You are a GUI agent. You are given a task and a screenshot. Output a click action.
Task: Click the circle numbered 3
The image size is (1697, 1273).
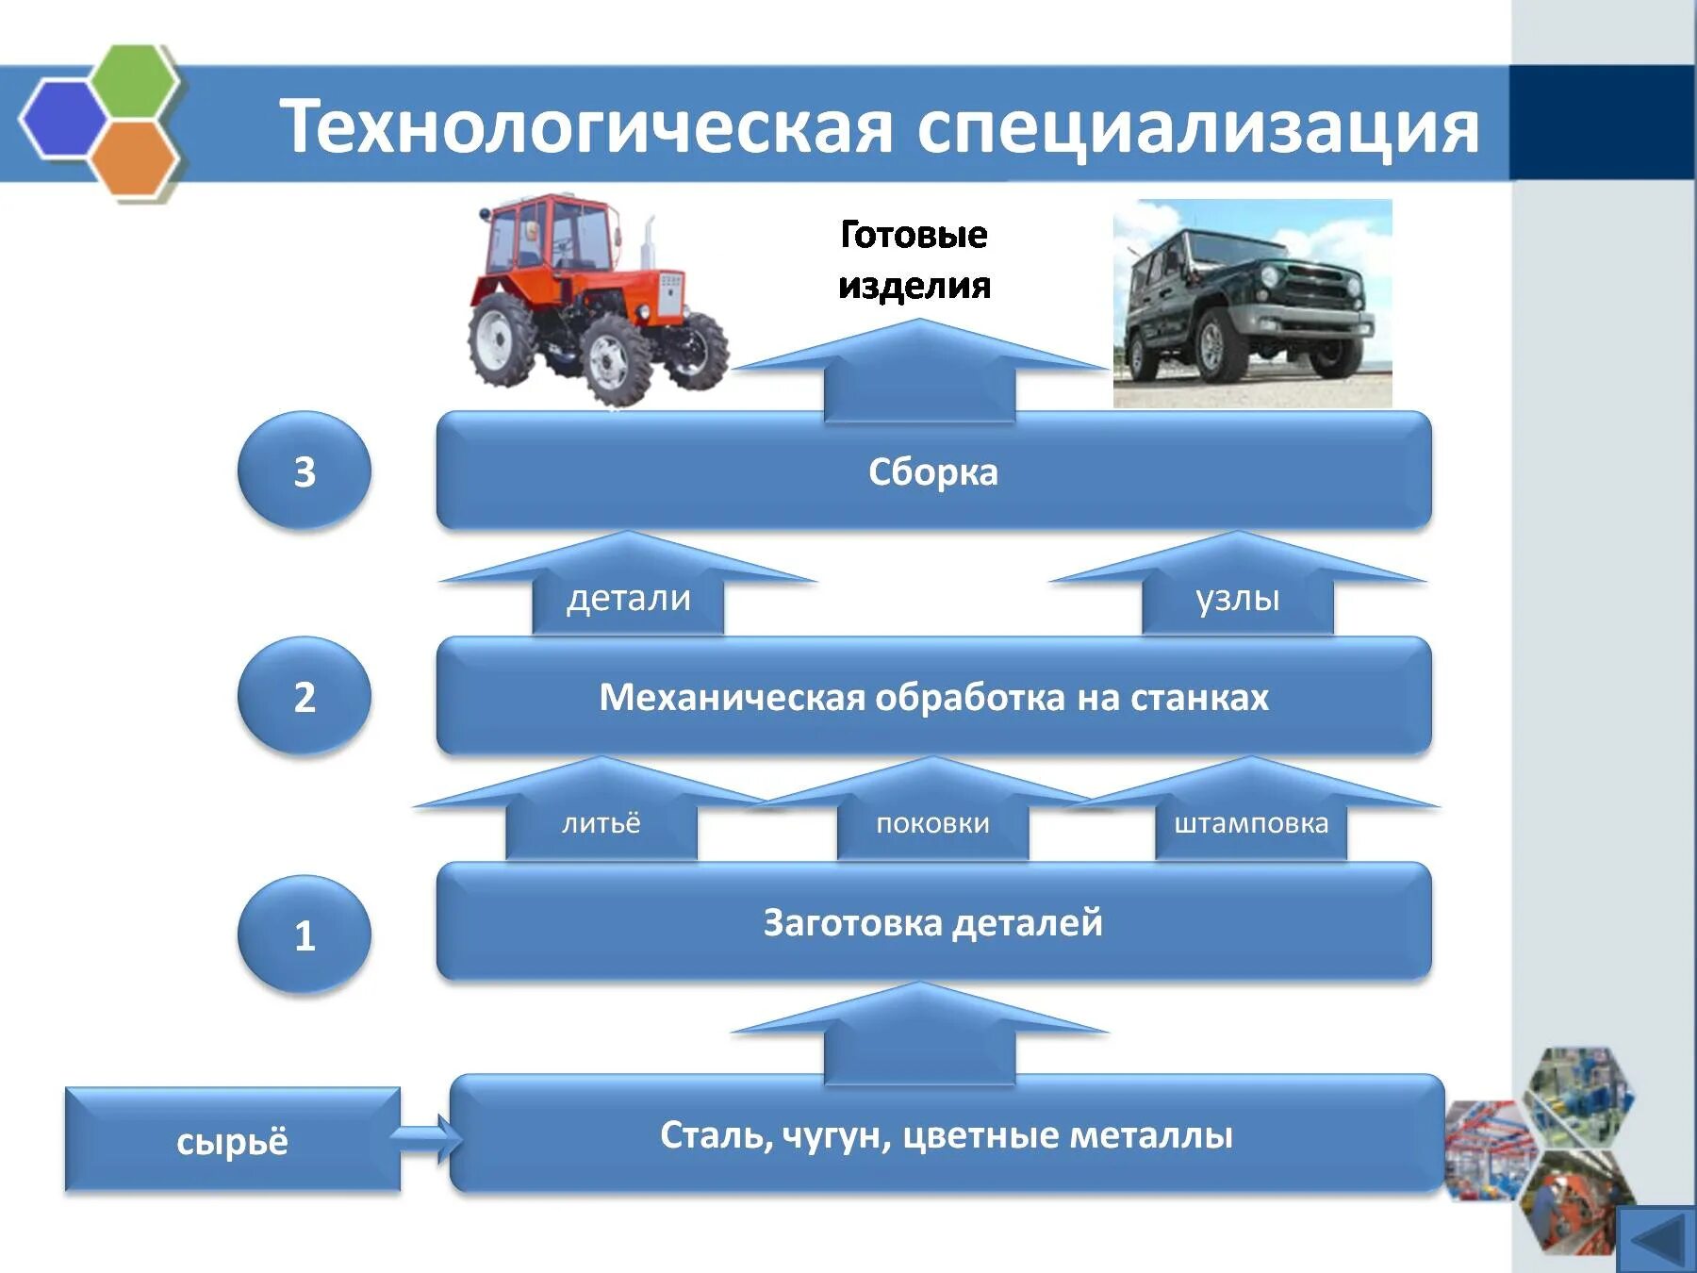(x=304, y=471)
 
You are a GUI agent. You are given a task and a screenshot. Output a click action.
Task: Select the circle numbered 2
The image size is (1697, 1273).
(x=304, y=697)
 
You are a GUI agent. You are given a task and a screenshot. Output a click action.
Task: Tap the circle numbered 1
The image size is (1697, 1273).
(x=304, y=934)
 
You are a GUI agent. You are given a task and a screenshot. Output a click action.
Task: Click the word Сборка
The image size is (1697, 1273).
(x=932, y=471)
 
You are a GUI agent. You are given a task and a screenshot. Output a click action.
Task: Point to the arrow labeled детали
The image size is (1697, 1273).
(x=628, y=594)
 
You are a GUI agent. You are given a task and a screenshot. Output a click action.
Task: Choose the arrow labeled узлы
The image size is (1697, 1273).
(x=1237, y=594)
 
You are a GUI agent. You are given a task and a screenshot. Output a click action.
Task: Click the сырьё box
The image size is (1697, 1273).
(x=232, y=1141)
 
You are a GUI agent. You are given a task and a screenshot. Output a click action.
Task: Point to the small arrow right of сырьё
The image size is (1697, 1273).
(x=424, y=1138)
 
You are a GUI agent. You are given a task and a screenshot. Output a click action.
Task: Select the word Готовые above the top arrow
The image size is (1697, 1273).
(x=914, y=234)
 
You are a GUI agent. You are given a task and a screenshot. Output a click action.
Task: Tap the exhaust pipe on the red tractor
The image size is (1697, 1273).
(x=648, y=244)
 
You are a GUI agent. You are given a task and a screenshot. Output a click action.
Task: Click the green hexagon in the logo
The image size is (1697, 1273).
(x=138, y=81)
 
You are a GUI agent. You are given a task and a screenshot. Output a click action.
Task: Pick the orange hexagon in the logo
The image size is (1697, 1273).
(x=133, y=158)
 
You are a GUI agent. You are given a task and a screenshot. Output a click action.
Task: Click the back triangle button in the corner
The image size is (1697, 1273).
(x=1656, y=1239)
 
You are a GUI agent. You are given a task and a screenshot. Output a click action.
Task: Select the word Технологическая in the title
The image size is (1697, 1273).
(x=585, y=126)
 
